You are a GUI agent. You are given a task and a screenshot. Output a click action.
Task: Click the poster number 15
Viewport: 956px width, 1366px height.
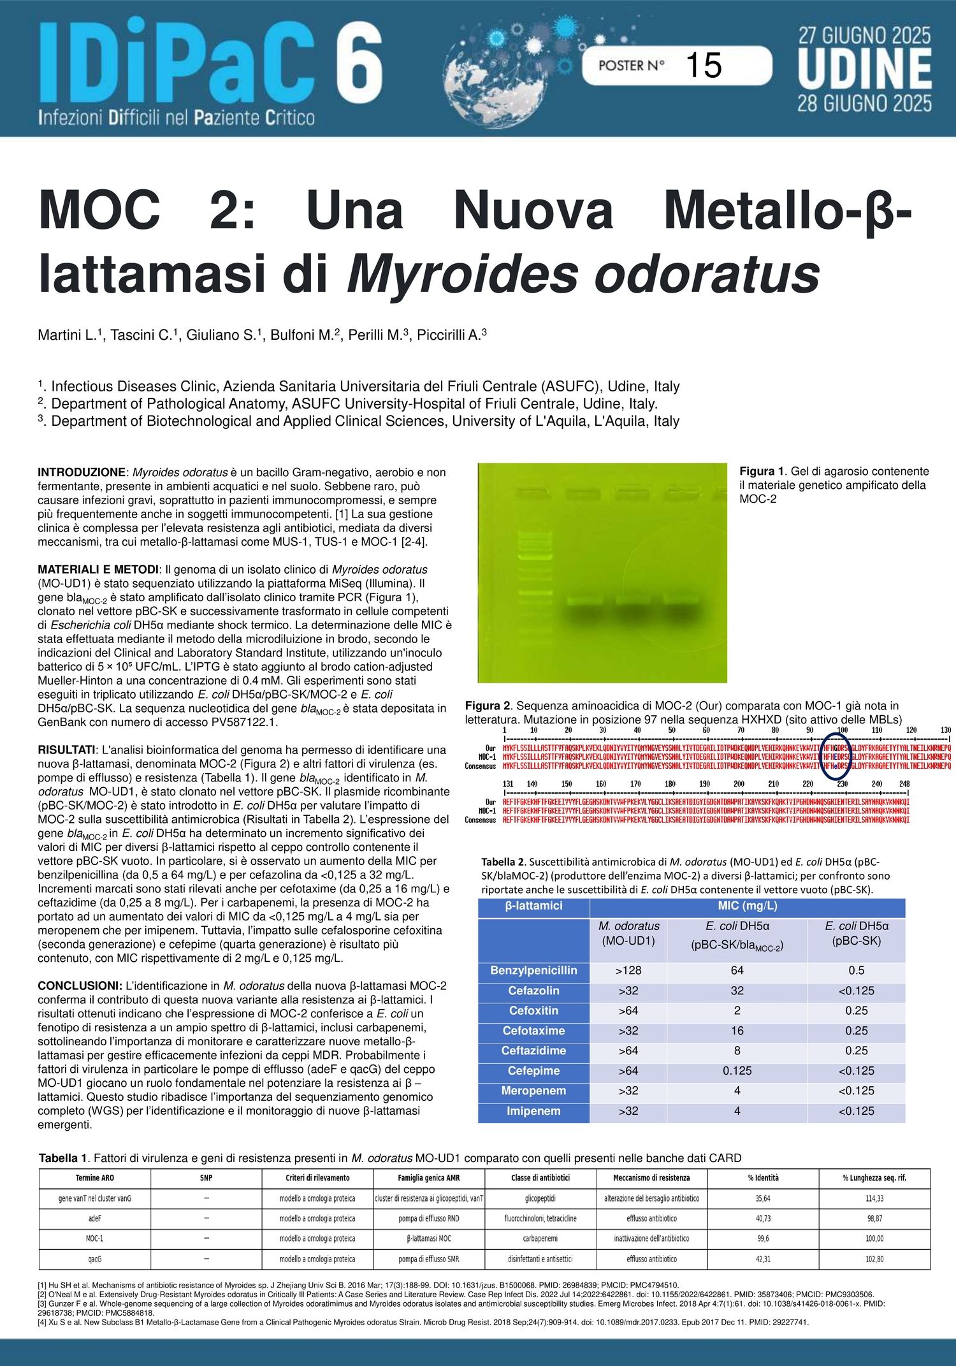point(704,66)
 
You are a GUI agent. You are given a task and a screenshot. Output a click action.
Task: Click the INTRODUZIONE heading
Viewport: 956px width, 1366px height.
point(82,472)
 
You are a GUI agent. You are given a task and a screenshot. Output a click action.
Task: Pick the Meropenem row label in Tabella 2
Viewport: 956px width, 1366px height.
point(533,1091)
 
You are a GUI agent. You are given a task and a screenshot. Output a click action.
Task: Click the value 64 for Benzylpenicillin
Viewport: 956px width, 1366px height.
point(737,970)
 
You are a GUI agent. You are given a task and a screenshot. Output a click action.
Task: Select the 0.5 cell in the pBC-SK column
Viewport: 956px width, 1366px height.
point(856,970)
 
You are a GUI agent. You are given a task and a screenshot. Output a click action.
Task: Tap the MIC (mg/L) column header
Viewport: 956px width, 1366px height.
point(747,906)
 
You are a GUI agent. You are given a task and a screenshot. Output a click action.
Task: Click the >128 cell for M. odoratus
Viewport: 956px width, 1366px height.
point(628,970)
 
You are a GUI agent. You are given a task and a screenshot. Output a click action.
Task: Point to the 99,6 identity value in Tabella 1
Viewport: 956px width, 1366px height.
point(763,1239)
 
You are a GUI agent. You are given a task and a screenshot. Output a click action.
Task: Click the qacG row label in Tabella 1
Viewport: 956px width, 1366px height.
point(95,1259)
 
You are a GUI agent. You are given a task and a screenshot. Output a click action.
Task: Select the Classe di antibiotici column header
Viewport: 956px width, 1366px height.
point(540,1178)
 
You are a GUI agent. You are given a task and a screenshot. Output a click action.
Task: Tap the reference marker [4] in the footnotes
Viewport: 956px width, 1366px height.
point(43,1322)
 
